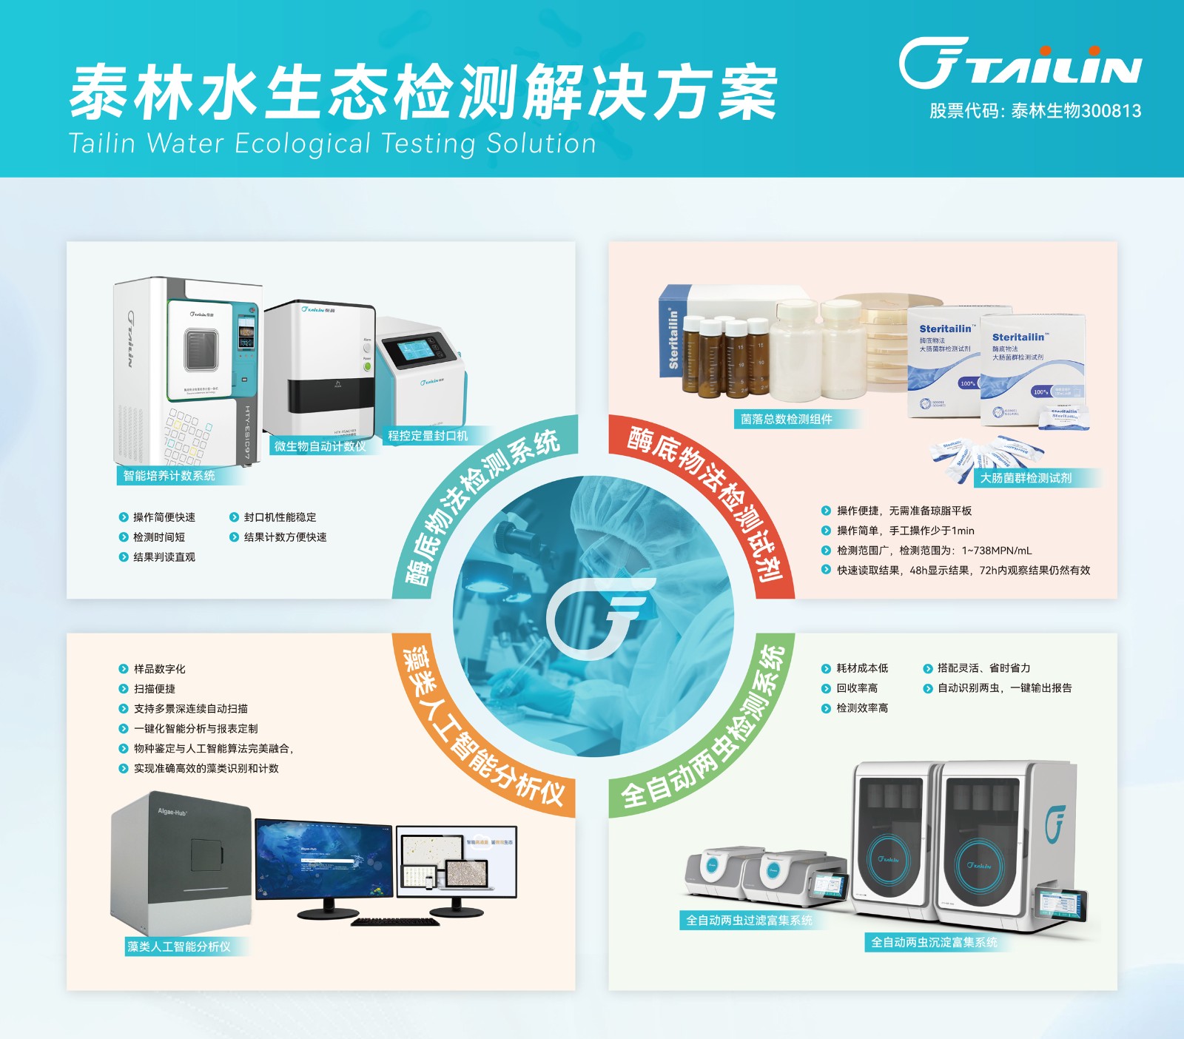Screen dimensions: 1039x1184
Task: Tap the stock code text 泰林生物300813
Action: (x=1035, y=111)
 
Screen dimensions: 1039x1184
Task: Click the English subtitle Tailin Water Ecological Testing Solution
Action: (x=332, y=144)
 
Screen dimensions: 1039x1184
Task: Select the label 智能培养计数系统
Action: (x=169, y=476)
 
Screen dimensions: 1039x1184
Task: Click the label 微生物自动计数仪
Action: (x=320, y=446)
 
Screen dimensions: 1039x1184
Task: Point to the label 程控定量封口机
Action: (x=428, y=436)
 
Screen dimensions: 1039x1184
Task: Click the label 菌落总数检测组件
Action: (x=787, y=419)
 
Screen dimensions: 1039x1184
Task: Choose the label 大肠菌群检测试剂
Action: (x=1026, y=478)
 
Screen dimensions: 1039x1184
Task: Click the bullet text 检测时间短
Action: (x=158, y=537)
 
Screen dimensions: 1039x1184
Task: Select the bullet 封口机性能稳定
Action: (x=280, y=517)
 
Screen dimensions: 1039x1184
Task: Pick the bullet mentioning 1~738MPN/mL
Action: (x=934, y=551)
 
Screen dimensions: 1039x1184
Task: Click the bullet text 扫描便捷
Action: (x=154, y=689)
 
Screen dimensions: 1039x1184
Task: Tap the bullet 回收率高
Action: (x=857, y=688)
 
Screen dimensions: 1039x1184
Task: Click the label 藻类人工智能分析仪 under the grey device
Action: (x=178, y=946)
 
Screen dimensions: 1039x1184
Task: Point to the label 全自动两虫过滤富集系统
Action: (x=749, y=921)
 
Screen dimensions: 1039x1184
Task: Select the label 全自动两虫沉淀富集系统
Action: (x=934, y=943)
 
